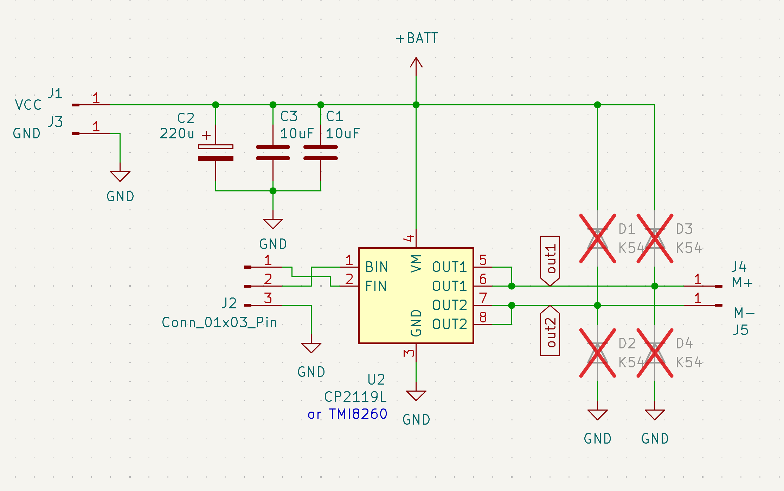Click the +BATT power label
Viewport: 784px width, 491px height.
point(417,38)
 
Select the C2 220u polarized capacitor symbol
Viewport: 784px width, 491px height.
point(216,152)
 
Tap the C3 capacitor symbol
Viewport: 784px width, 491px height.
point(273,152)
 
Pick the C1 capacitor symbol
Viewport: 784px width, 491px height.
point(321,152)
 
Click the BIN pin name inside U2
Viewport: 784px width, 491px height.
point(377,267)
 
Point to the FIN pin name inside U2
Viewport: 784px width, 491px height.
point(376,286)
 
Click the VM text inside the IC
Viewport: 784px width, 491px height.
point(416,263)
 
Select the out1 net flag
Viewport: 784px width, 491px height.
point(550,260)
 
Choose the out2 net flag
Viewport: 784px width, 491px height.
point(550,331)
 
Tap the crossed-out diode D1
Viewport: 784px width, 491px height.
point(597,238)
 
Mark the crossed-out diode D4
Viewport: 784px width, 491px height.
point(655,353)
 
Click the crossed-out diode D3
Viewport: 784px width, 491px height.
point(655,238)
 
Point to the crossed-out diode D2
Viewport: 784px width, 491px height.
point(597,353)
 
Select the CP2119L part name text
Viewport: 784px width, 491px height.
point(355,397)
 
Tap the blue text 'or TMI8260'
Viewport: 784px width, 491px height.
point(347,414)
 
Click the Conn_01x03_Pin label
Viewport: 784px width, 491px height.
point(219,322)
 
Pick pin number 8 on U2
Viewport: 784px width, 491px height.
point(483,317)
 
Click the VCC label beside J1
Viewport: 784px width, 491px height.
point(28,105)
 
